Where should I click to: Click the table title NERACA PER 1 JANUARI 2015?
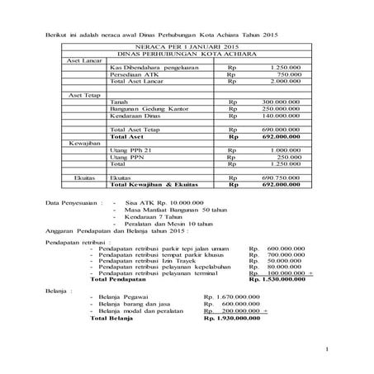(187, 49)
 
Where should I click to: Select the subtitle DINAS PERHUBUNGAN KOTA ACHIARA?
(187, 55)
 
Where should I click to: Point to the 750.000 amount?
(289, 76)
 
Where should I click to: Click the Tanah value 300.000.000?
(280, 103)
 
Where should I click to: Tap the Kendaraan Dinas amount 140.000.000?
(280, 116)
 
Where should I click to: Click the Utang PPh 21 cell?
(130, 150)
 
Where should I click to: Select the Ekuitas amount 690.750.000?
(280, 178)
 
